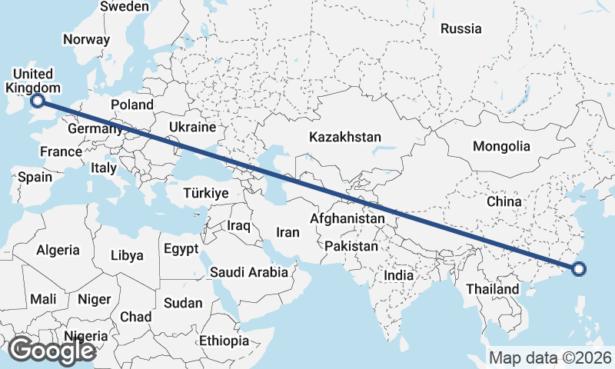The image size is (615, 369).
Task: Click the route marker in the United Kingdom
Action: pos(37,100)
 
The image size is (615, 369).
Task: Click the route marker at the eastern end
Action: pos(579,268)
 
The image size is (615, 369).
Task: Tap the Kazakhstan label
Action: pos(345,137)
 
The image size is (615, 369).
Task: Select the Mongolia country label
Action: pos(501,146)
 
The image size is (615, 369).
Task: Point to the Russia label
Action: pos(460,29)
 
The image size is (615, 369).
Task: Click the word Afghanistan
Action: pos(347,219)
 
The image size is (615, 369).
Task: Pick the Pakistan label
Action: pos(351,247)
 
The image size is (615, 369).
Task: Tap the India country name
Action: pos(399,274)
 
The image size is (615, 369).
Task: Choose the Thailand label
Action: pos(493,289)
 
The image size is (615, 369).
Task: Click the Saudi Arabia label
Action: pos(248,272)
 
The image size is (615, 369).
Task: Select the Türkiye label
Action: pos(205,193)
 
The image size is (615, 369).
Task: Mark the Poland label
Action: pos(131,105)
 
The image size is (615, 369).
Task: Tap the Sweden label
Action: pos(125,6)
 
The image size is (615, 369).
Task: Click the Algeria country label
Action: pos(58,250)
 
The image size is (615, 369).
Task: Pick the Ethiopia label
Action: pos(224,341)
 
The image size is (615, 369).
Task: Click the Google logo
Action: pos(52,350)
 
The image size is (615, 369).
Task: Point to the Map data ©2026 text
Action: pos(550,357)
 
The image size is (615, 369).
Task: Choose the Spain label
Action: pos(35,177)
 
